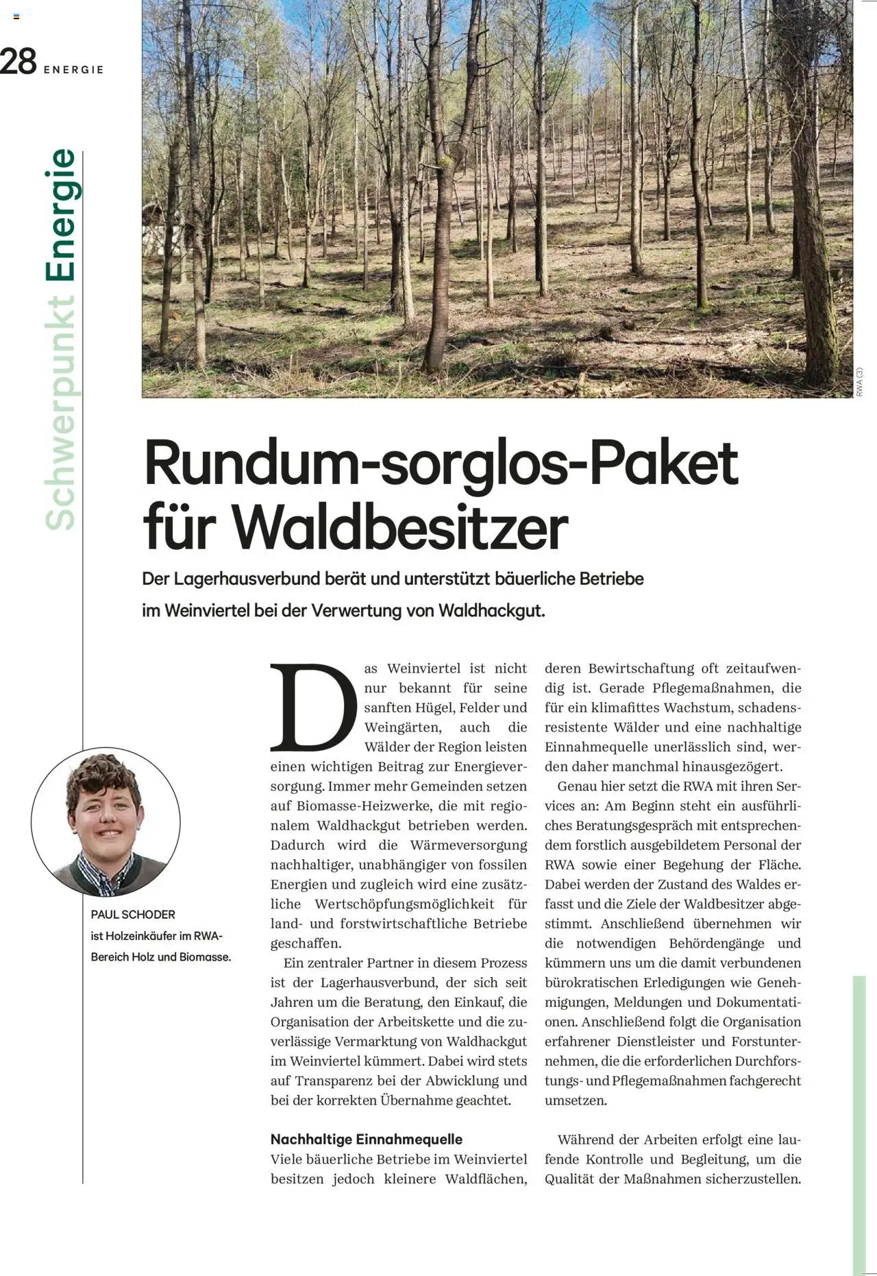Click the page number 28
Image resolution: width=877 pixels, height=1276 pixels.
18,62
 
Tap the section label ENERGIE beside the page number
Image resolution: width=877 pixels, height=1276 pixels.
73,70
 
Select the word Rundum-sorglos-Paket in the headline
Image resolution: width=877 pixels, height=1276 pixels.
441,464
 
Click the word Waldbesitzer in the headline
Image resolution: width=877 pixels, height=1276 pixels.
400,528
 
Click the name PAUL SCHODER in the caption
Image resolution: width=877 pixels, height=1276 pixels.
133,914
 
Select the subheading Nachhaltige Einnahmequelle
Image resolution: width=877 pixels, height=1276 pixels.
367,1139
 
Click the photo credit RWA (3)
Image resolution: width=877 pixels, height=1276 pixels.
860,382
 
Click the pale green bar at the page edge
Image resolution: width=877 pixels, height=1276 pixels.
859,1124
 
